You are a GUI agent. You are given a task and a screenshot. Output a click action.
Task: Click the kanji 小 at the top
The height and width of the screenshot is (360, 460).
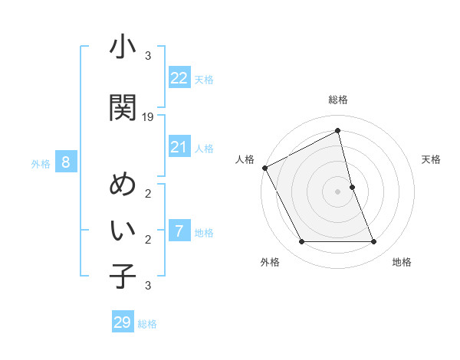[x=123, y=48]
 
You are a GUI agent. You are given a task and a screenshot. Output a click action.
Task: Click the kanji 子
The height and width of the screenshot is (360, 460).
[x=123, y=276]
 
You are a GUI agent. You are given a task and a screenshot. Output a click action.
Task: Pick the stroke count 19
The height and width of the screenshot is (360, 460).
[x=148, y=117]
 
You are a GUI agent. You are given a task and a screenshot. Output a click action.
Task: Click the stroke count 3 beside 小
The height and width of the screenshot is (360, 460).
[x=148, y=56]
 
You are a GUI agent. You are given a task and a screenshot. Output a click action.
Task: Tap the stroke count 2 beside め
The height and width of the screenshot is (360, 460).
[x=148, y=194]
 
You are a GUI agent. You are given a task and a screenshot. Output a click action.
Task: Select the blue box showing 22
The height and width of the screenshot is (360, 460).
[x=179, y=77]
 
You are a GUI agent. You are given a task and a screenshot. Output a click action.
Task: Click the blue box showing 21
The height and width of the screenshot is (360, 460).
[x=179, y=147]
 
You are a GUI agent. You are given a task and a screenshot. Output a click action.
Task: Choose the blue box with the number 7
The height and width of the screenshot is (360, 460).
[x=179, y=231]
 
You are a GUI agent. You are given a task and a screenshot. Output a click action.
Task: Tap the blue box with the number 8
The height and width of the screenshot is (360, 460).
[x=66, y=162]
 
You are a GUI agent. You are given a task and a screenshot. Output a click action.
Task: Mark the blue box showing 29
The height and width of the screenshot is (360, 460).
[x=123, y=322]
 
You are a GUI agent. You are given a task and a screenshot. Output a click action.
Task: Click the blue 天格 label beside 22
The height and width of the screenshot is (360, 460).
[x=204, y=79]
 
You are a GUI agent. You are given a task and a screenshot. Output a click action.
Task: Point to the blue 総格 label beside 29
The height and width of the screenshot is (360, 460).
[x=148, y=324]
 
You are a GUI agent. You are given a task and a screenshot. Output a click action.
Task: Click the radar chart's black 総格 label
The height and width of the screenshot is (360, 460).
[x=337, y=100]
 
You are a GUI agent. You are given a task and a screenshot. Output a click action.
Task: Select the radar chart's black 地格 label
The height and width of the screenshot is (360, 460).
[x=402, y=262]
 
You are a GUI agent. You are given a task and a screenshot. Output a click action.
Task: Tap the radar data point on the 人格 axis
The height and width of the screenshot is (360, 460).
[x=264, y=168]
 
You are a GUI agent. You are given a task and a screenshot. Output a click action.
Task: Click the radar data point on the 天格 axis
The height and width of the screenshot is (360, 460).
[x=352, y=187]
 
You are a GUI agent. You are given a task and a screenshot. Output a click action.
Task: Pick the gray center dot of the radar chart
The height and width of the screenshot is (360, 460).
[x=337, y=191]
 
